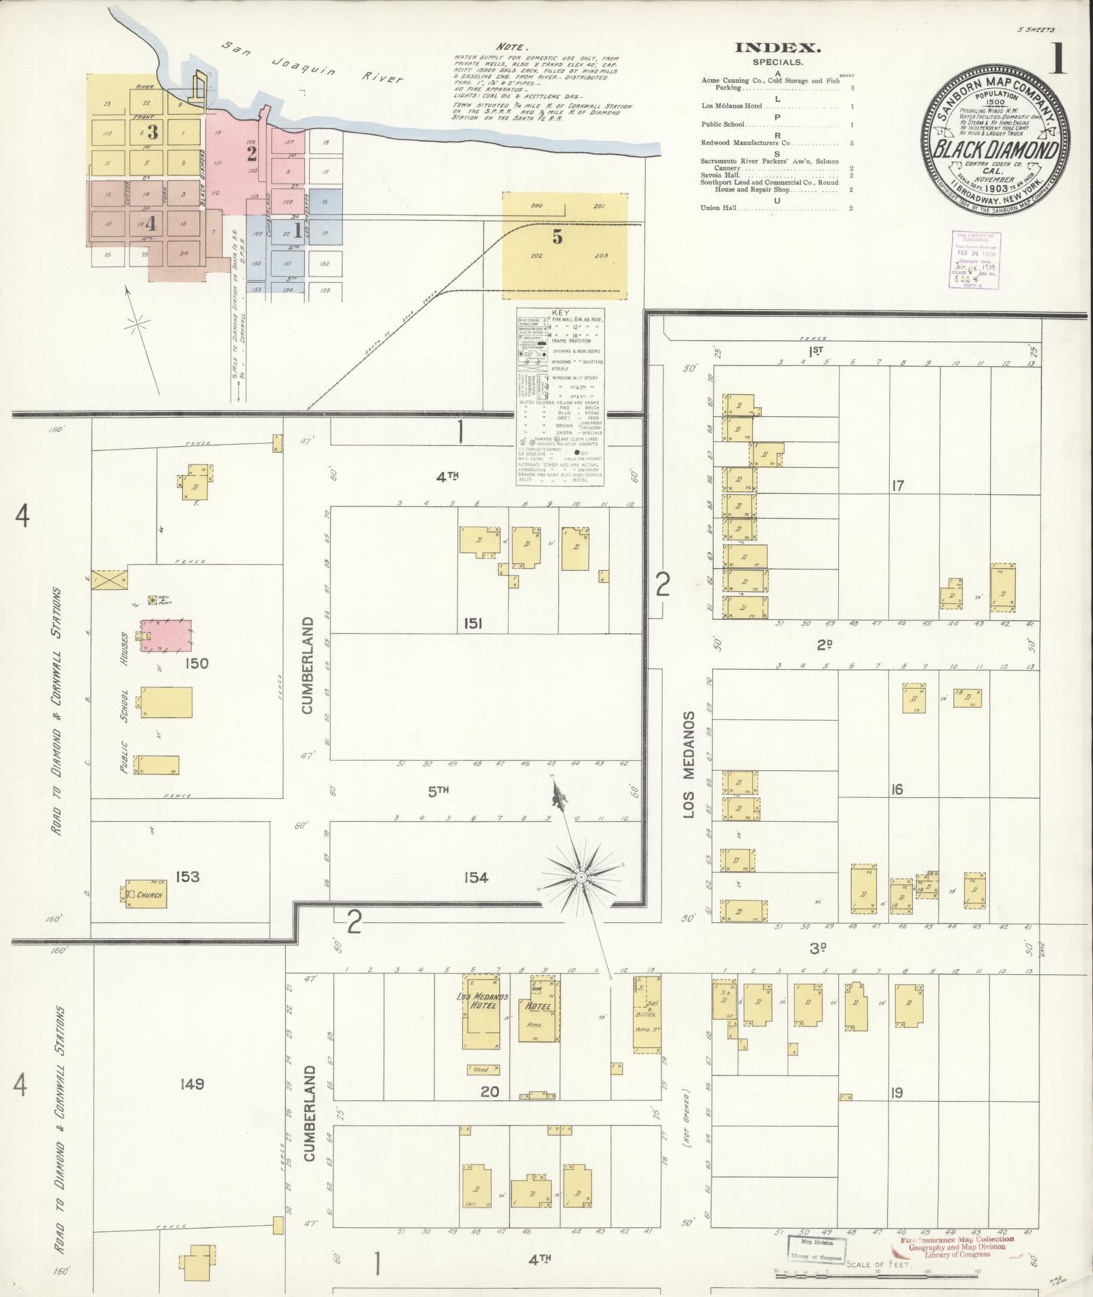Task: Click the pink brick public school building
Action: point(166,635)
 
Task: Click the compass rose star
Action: point(581,877)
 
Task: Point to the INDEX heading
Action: point(778,47)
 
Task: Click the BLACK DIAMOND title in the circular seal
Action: point(995,151)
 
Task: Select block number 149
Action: point(192,1084)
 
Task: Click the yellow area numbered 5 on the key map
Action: point(556,237)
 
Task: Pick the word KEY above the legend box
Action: point(561,313)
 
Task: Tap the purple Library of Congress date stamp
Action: point(976,259)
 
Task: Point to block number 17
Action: point(897,485)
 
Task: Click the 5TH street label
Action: point(439,790)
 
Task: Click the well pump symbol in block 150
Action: point(152,600)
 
